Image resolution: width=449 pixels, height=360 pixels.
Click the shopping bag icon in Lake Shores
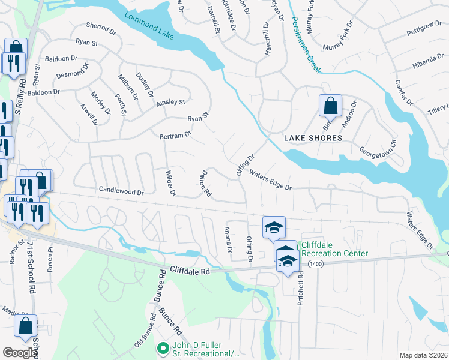[330, 107]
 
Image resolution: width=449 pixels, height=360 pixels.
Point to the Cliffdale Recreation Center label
[334, 249]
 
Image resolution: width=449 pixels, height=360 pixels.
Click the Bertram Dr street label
[175, 136]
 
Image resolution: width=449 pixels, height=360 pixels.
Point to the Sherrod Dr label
[100, 27]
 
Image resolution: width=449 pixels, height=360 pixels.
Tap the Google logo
[19, 353]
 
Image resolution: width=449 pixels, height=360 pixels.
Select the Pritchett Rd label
[300, 287]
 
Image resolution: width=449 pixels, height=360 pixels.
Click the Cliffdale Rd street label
[189, 271]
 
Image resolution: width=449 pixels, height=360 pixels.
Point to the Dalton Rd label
[205, 183]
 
